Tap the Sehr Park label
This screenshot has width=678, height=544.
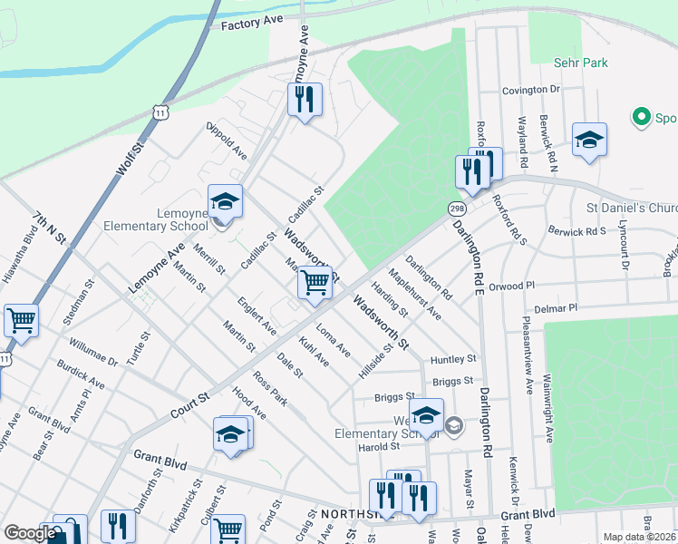tap(581, 63)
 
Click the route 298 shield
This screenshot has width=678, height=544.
tap(456, 209)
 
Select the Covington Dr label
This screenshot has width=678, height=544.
tap(533, 90)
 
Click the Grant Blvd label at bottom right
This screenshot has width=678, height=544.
tap(527, 514)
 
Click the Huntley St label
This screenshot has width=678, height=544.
tap(453, 359)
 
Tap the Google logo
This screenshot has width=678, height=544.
tap(30, 533)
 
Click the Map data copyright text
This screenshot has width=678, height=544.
tap(638, 537)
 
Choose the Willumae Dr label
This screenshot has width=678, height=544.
tap(93, 352)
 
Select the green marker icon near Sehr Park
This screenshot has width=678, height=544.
tap(642, 117)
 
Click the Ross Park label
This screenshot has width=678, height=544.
tap(270, 388)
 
